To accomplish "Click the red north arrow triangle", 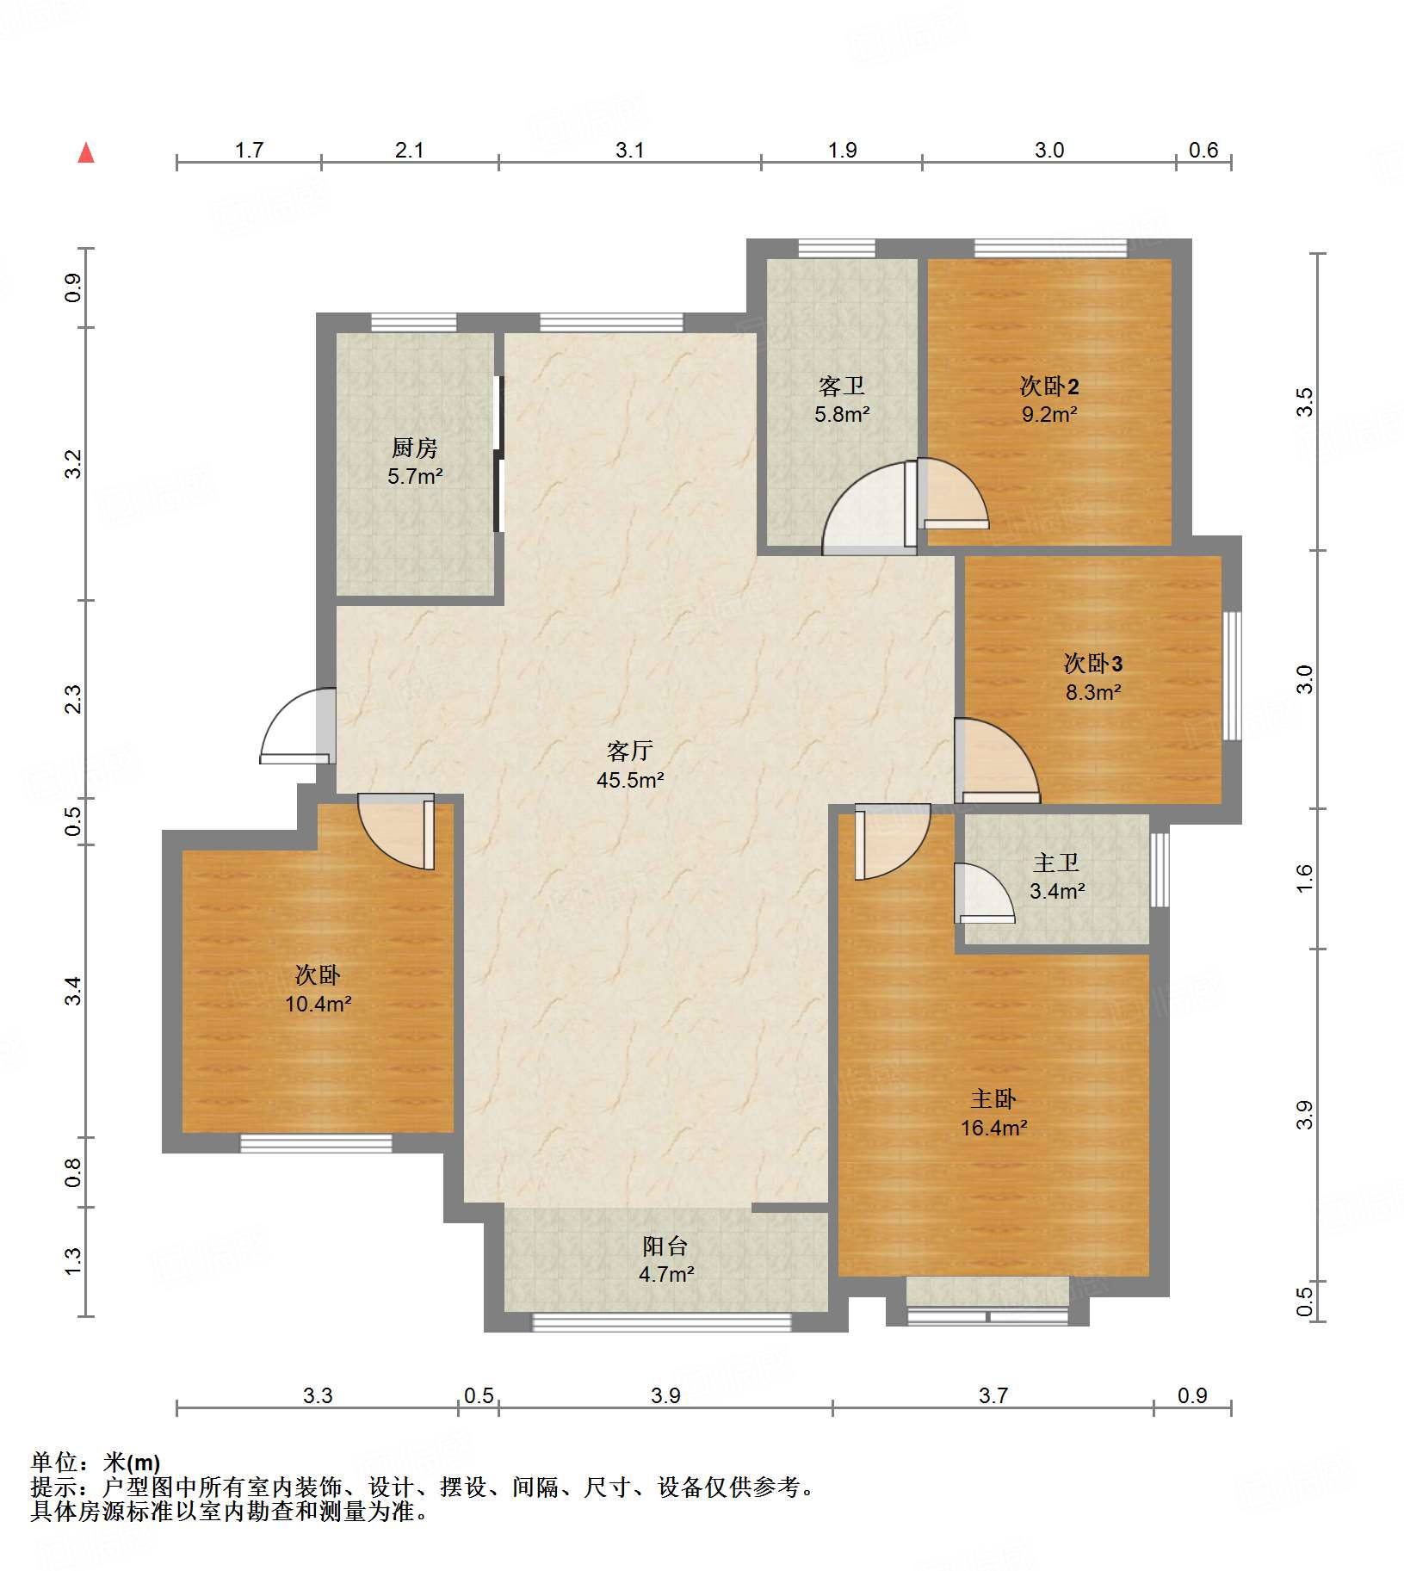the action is (x=86, y=152).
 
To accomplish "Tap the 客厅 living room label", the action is (x=629, y=751).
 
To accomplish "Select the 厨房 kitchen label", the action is (x=415, y=448).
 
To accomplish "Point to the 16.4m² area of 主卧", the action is (x=994, y=1128).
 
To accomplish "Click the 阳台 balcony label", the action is (x=665, y=1246).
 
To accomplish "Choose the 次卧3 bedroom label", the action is (x=1093, y=664).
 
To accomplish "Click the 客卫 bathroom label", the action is (x=842, y=386).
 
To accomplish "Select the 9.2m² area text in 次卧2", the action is (x=1049, y=414).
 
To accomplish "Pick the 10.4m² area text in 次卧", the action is (x=319, y=1004).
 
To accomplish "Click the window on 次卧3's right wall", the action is (x=1233, y=676).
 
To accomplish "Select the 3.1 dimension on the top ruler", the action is (x=630, y=151).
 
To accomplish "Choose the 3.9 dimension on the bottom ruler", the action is (x=665, y=1395).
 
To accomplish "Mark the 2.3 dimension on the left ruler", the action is (x=74, y=699).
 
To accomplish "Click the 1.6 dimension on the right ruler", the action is (x=1305, y=877).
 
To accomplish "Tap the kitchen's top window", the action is (x=413, y=323).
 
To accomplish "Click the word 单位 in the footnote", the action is (x=54, y=1462).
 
